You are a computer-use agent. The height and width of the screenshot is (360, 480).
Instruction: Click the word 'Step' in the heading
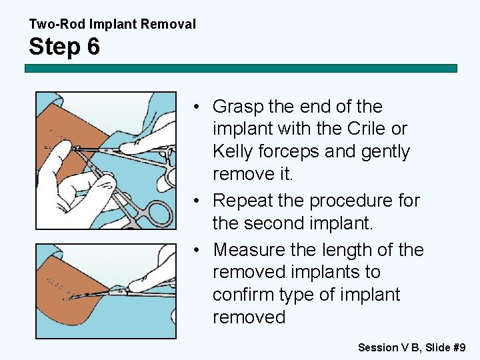pos(55,47)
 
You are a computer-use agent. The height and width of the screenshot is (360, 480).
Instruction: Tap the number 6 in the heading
pos(92,47)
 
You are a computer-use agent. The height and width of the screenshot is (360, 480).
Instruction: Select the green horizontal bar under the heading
pos(241,68)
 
